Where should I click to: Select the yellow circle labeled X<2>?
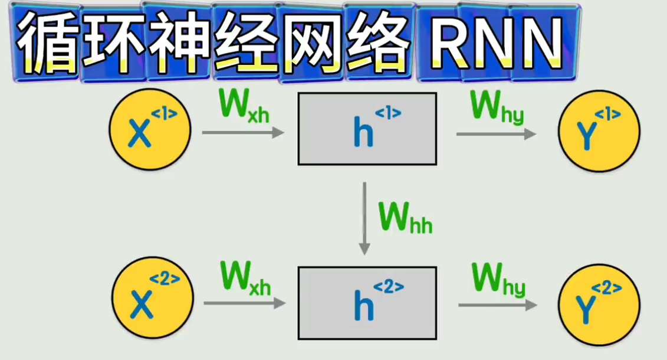pyautogui.click(x=152, y=300)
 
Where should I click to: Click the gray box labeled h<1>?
pyautogui.click(x=367, y=129)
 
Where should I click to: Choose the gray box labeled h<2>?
pyautogui.click(x=367, y=303)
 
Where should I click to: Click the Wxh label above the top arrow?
pyautogui.click(x=244, y=107)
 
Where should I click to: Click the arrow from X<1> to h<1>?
pyautogui.click(x=242, y=133)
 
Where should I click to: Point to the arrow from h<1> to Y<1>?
pyautogui.click(x=496, y=134)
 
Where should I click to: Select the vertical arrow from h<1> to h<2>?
pyautogui.click(x=365, y=218)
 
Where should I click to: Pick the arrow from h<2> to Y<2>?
pyautogui.click(x=497, y=305)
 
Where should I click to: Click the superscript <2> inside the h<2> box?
pyautogui.click(x=389, y=287)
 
